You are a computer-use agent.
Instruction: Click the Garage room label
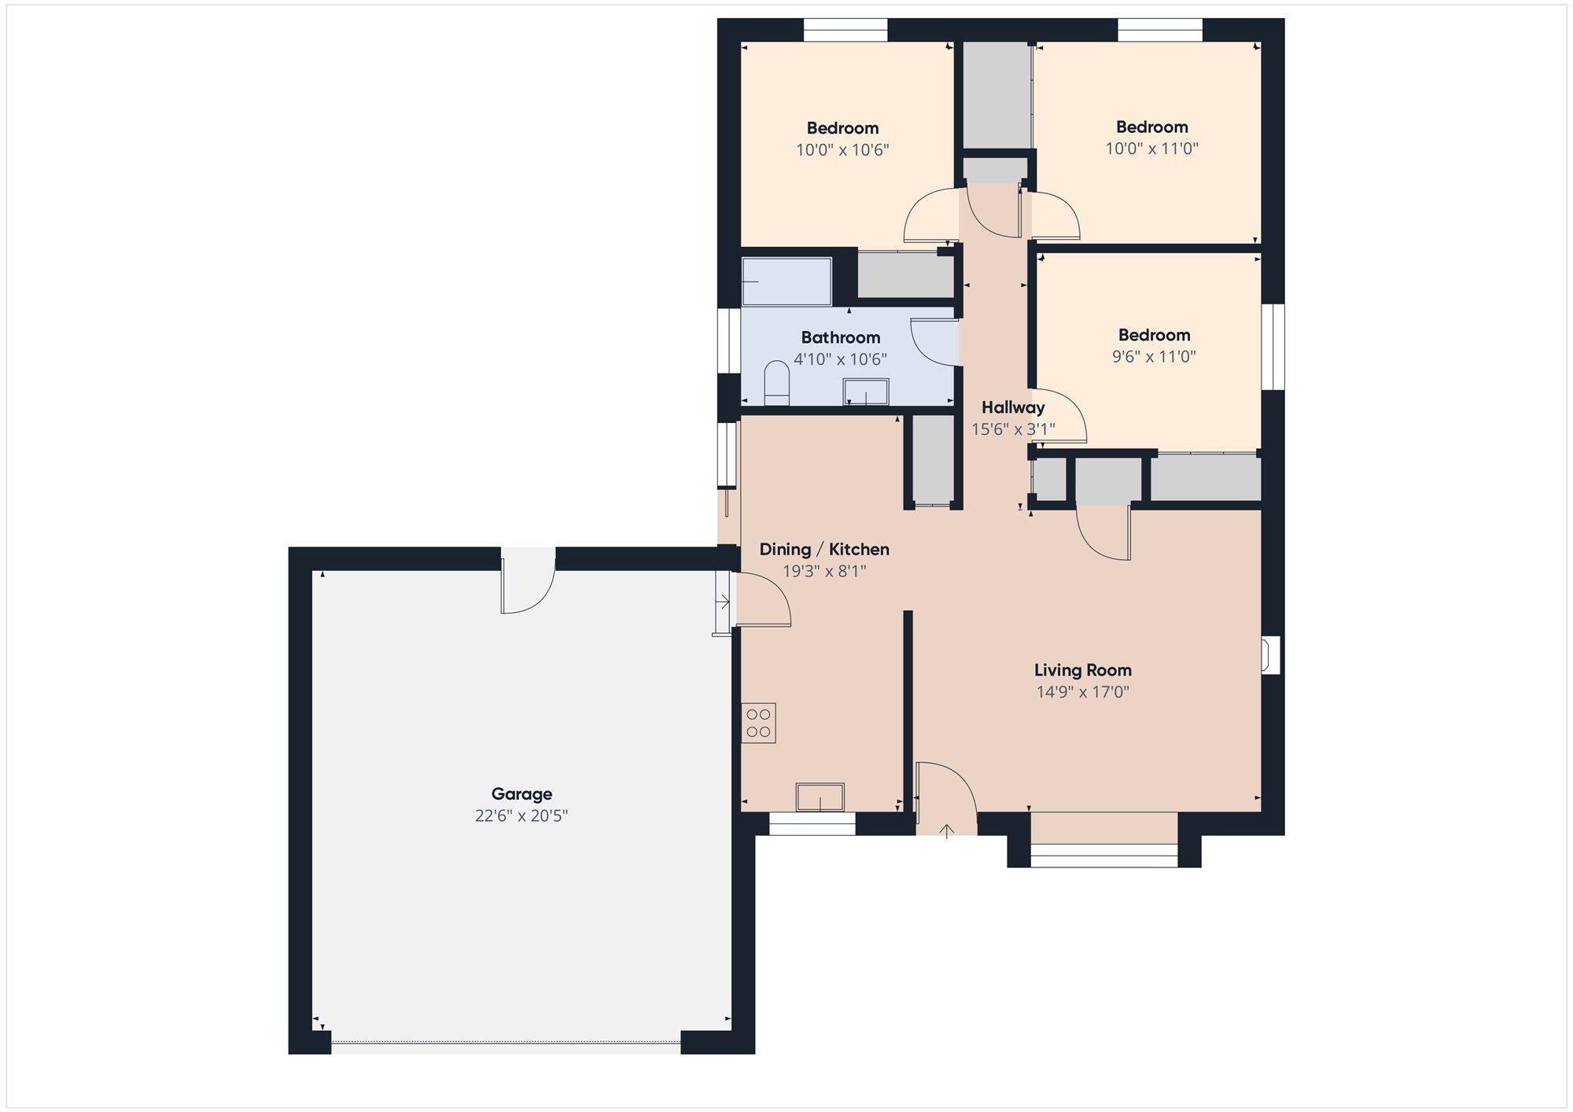pyautogui.click(x=521, y=794)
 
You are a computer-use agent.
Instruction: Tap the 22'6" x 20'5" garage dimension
pyautogui.click(x=521, y=816)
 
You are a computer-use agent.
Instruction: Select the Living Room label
pyautogui.click(x=1083, y=670)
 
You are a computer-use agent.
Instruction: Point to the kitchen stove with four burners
pyautogui.click(x=758, y=723)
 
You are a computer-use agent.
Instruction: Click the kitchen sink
pyautogui.click(x=820, y=797)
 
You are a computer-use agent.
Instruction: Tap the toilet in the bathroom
pyautogui.click(x=776, y=383)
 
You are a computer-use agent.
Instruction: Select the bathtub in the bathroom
pyautogui.click(x=786, y=282)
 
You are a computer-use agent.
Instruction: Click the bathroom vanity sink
pyautogui.click(x=866, y=392)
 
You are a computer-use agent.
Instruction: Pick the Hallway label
pyautogui.click(x=1013, y=407)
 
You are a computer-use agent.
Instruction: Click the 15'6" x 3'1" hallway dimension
pyautogui.click(x=1013, y=429)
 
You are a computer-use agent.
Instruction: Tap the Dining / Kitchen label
pyautogui.click(x=824, y=549)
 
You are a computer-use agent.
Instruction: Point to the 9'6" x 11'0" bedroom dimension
pyautogui.click(x=1154, y=356)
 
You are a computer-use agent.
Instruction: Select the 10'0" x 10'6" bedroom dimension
pyautogui.click(x=842, y=149)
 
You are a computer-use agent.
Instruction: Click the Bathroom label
pyautogui.click(x=841, y=337)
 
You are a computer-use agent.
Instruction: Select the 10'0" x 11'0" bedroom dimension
pyautogui.click(x=1152, y=148)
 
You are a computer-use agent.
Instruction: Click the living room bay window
pyautogui.click(x=1104, y=855)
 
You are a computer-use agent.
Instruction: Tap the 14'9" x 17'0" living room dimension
pyautogui.click(x=1083, y=692)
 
